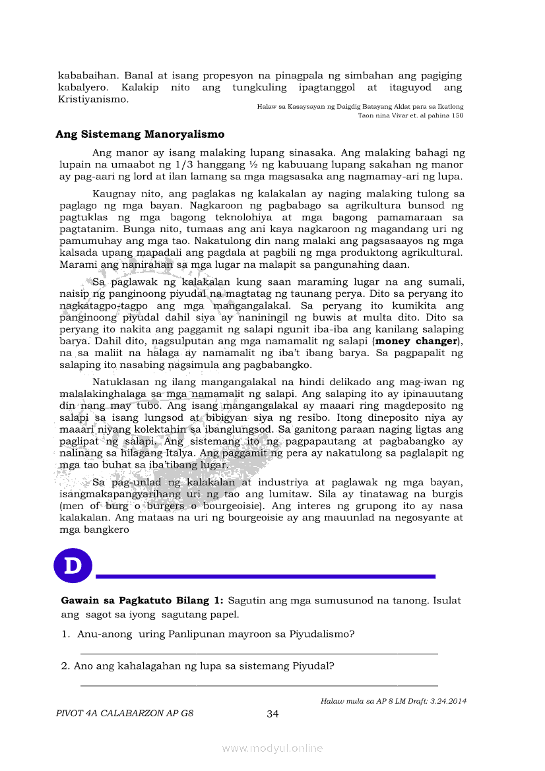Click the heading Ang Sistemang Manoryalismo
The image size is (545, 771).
click(x=140, y=135)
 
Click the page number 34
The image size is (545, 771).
click(x=272, y=713)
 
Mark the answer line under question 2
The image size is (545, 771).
click(x=259, y=685)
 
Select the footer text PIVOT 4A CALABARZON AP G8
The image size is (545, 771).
click(x=125, y=713)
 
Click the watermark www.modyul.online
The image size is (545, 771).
click(x=272, y=748)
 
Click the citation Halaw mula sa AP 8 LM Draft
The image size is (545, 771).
click(x=393, y=701)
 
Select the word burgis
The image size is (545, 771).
click(x=446, y=494)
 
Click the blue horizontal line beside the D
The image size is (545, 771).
click(x=265, y=576)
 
